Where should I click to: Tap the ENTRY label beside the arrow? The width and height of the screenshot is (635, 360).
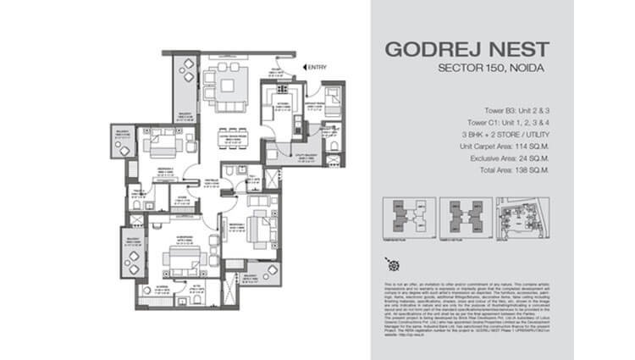[317, 67]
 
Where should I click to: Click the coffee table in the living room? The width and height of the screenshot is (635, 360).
[228, 84]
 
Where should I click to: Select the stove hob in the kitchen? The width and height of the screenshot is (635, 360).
[280, 91]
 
